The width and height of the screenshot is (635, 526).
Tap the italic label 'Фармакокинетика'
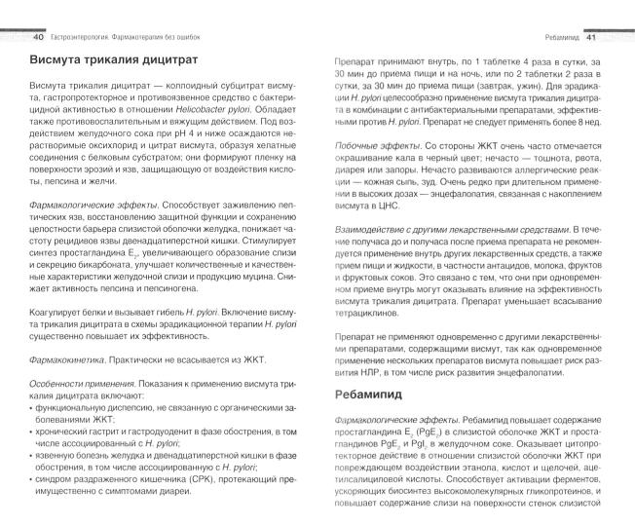[63, 357]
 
